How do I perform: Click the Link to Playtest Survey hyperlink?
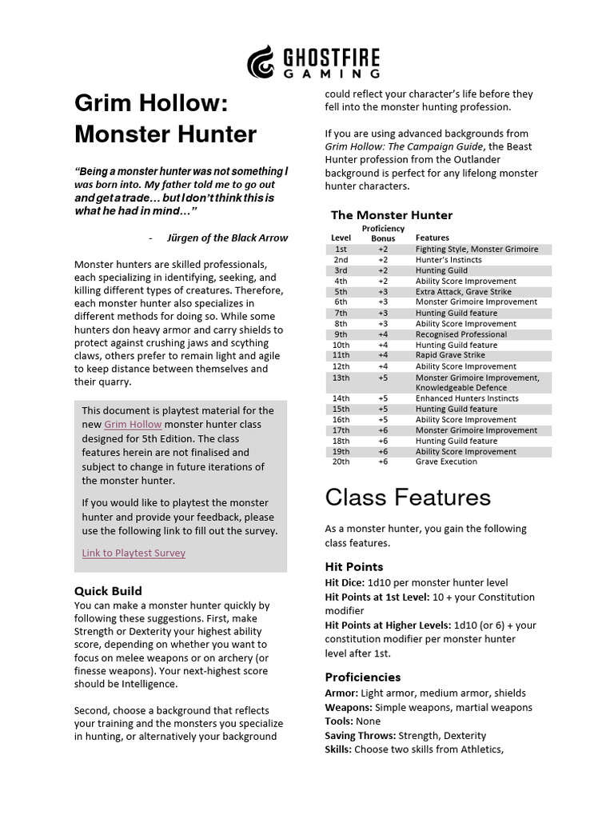coord(134,553)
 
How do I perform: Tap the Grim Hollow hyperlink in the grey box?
coord(133,425)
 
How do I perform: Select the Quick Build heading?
coord(108,591)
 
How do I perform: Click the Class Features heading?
coord(408,497)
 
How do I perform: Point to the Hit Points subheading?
coord(354,566)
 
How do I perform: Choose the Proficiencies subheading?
coord(363,677)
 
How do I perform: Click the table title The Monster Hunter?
coord(392,214)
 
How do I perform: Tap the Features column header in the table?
coord(433,238)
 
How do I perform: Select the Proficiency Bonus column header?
coord(383,234)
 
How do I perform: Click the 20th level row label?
coord(341,461)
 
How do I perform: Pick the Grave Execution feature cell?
coord(446,461)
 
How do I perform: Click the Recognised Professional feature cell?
coord(461,334)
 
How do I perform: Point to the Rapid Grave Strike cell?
coord(450,355)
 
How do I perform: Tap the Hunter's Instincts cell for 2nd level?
coord(449,260)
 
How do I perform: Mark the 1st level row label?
coord(341,249)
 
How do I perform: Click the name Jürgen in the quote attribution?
coord(185,238)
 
